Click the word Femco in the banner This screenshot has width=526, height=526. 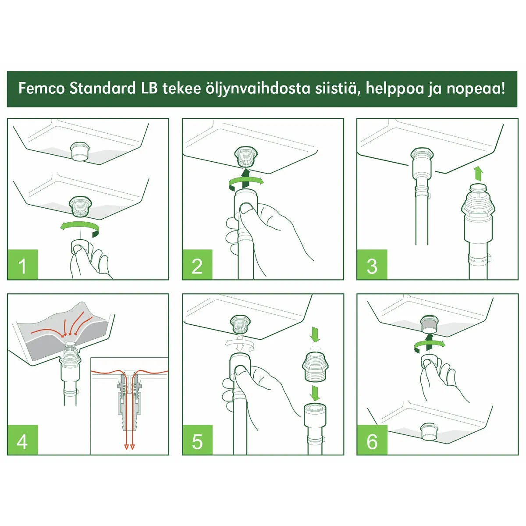tap(42, 89)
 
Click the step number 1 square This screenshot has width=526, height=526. tap(23, 264)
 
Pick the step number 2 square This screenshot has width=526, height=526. tap(197, 264)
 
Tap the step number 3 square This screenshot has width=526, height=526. tap(372, 264)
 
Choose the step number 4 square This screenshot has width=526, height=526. tap(23, 440)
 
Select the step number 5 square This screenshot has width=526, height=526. tap(197, 440)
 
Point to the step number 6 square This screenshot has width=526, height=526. tap(372, 440)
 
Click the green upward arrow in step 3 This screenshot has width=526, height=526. tap(478, 174)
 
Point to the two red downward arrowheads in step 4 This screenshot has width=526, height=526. tap(129, 447)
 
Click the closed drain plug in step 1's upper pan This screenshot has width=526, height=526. tap(80, 150)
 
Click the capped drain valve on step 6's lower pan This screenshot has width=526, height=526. tap(430, 432)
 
